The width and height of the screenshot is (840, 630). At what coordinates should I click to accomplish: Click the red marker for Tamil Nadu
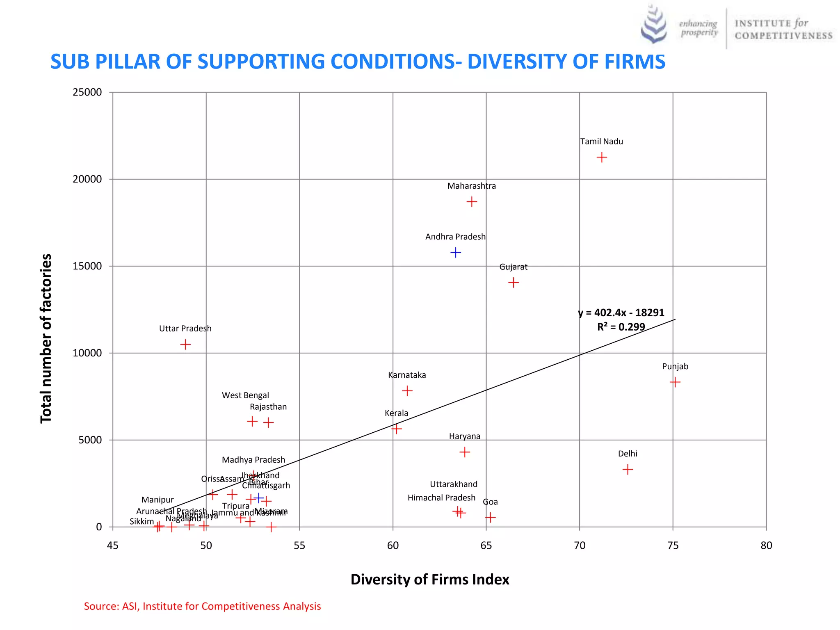601,157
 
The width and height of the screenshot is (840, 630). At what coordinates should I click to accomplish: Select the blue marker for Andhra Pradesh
455,252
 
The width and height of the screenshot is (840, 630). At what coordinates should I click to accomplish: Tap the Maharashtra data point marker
472,202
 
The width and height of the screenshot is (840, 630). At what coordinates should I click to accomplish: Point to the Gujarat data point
513,283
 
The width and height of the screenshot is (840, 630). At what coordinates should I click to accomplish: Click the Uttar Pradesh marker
185,344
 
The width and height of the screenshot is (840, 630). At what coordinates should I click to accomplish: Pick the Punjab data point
675,382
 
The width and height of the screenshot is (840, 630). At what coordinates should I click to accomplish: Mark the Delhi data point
628,469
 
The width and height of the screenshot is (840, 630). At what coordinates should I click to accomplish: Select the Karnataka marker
407,390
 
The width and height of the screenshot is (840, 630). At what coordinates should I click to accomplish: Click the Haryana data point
464,452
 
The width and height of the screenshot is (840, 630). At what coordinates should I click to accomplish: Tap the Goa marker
490,517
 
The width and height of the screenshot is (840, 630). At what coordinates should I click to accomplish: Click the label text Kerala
396,413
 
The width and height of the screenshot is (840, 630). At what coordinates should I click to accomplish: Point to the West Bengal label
245,395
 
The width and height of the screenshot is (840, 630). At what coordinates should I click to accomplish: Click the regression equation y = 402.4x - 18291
621,313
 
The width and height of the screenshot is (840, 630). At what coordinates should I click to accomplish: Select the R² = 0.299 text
621,327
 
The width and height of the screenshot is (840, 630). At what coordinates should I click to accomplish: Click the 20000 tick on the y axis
87,179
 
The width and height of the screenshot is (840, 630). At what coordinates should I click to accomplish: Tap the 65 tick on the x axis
486,546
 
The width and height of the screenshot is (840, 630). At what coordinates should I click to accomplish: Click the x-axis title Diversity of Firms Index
429,580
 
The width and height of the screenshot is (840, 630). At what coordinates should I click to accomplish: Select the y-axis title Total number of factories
46,338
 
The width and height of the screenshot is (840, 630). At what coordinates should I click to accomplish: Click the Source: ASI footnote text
202,606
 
